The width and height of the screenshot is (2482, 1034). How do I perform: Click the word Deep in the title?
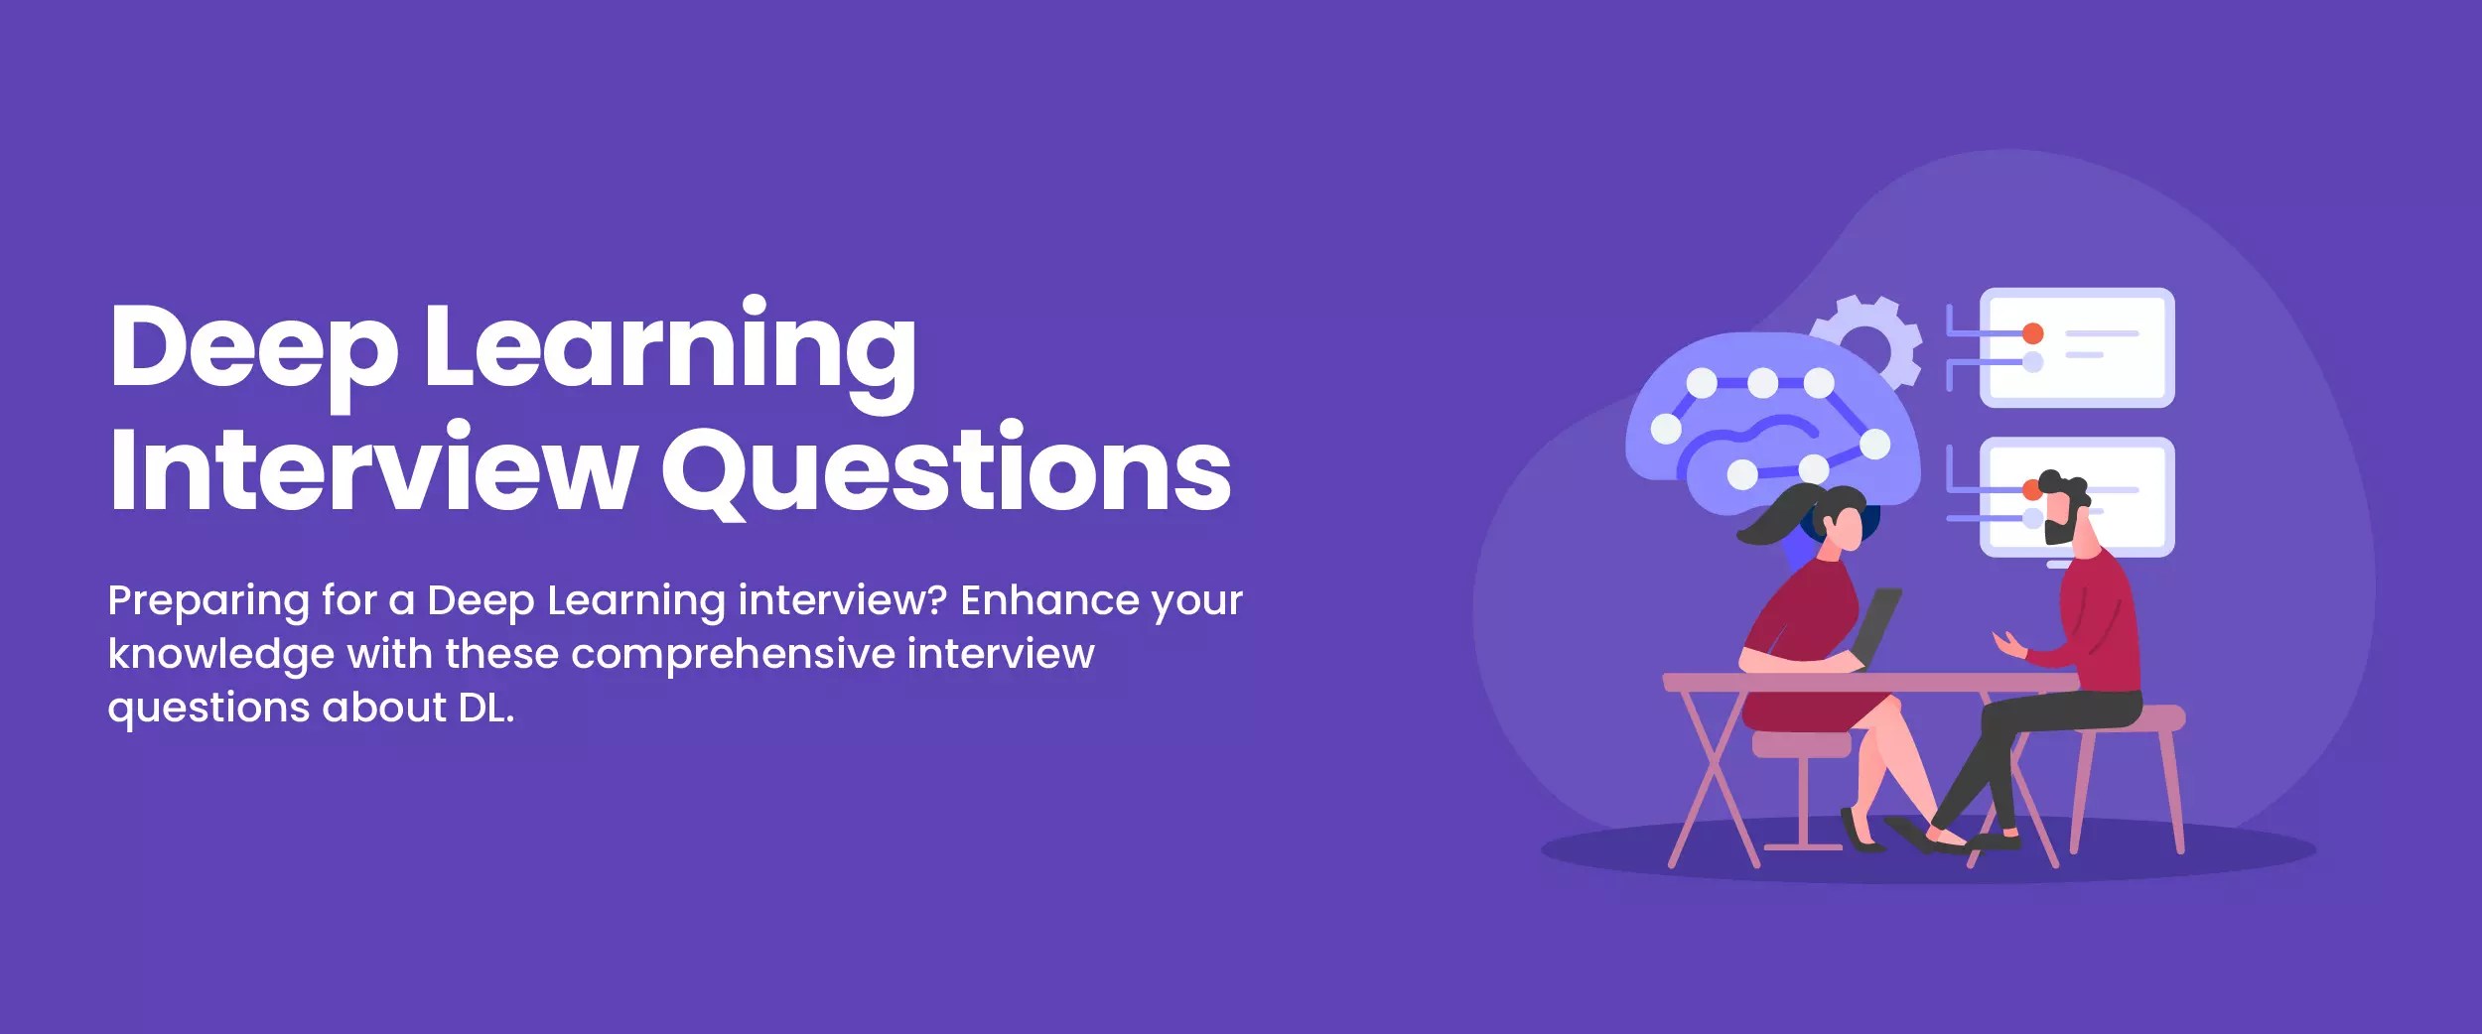(x=253, y=347)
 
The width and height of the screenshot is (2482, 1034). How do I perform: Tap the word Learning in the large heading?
(x=670, y=347)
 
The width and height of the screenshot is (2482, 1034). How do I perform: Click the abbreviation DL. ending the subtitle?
(x=485, y=708)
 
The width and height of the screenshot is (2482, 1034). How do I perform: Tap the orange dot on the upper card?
(x=2032, y=333)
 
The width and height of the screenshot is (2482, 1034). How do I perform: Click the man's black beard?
(x=2057, y=531)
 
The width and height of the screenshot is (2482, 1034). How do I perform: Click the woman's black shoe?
(x=1861, y=834)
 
